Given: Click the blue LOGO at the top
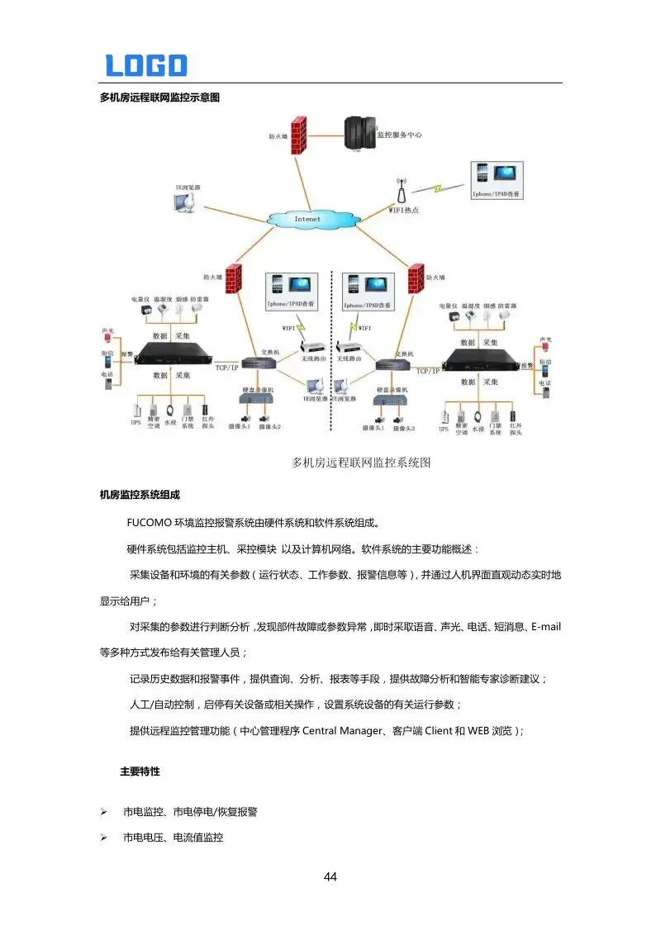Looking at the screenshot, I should coord(145,65).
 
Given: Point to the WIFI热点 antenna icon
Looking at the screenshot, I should coord(401,192).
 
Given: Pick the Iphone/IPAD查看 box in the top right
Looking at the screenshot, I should coord(496,179).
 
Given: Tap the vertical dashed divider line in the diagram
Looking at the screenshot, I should coord(331,347).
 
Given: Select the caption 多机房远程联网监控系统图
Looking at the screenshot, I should coord(361,463).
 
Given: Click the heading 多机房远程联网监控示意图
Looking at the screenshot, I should coord(159,97).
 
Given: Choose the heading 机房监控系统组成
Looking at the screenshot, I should coord(140,495).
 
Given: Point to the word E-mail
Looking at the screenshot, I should coord(545,627).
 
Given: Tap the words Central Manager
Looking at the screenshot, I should coord(341,731).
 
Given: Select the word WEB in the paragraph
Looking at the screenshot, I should coord(479,731).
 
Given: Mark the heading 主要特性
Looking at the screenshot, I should coord(140,771).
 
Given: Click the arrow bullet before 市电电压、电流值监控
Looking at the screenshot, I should coord(104,838).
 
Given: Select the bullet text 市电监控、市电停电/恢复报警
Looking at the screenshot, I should coord(190,812).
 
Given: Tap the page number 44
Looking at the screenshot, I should coord(330,877).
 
